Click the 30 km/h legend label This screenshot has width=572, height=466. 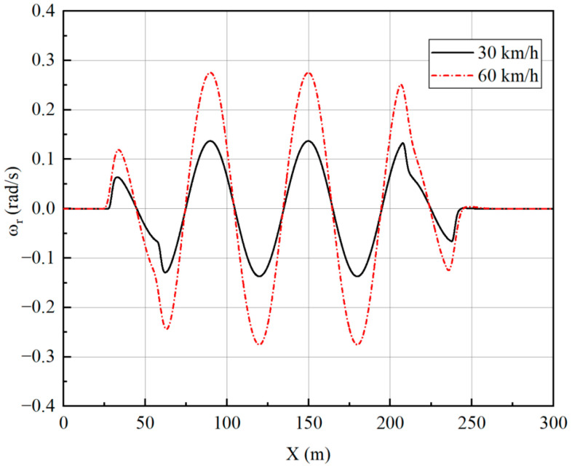tap(509, 53)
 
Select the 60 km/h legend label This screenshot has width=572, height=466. tap(509, 74)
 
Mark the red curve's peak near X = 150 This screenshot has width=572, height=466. tap(309, 73)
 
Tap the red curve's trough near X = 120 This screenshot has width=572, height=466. tap(260, 344)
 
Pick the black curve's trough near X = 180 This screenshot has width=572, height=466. tap(357, 276)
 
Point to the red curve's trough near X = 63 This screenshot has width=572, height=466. tap(167, 329)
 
